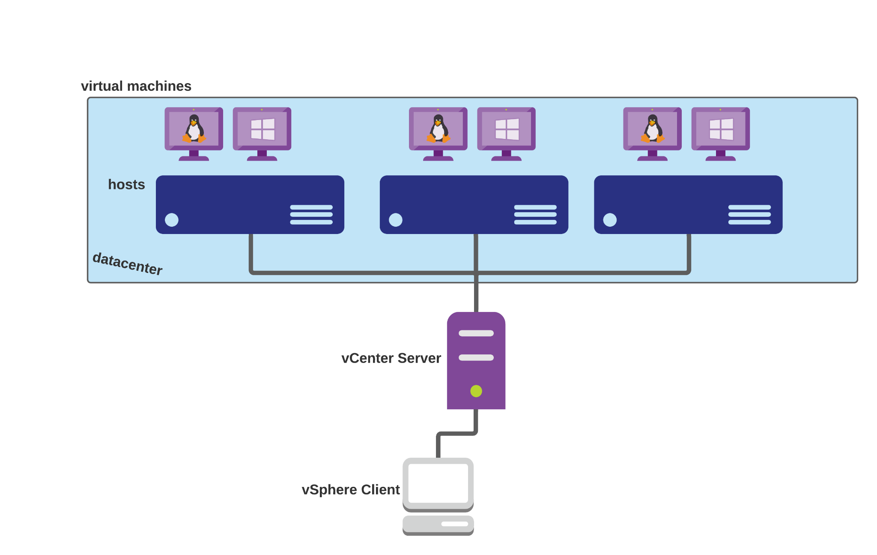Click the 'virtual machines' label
(x=136, y=86)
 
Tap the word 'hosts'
(x=126, y=184)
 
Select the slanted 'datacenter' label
(x=128, y=264)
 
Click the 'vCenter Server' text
(x=391, y=358)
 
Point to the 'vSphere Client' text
(x=350, y=490)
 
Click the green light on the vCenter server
(x=476, y=391)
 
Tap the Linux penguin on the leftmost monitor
(x=194, y=129)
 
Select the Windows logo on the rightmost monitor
(x=721, y=129)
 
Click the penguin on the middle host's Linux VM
(x=438, y=129)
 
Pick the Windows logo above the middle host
(x=507, y=129)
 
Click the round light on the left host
(x=172, y=220)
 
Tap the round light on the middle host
(x=396, y=220)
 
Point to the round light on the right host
(x=610, y=220)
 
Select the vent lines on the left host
(x=311, y=215)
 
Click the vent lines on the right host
(x=749, y=215)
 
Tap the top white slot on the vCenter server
(x=476, y=333)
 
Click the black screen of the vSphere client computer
(x=438, y=483)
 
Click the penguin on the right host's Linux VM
(x=652, y=129)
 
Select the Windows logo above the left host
(x=263, y=129)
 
